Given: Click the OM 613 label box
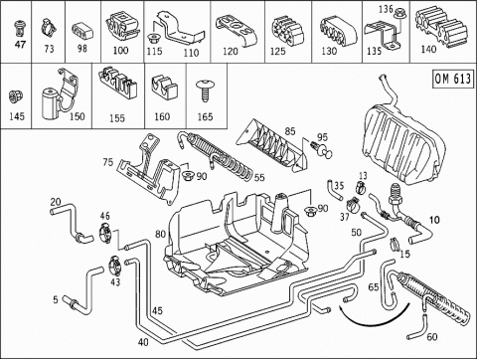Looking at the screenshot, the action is (453, 79).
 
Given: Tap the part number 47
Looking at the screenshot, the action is (20, 44).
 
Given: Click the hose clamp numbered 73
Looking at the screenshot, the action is (48, 28).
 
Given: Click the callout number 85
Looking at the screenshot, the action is (290, 131).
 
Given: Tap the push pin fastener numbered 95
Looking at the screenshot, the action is (322, 149).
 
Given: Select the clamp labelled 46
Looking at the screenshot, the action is (106, 232).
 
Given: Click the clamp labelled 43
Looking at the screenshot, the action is (115, 266).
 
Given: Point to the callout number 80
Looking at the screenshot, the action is (160, 235).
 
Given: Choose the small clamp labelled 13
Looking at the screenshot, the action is (360, 188).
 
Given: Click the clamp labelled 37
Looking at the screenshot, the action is (354, 206).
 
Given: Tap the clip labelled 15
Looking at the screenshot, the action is (394, 244).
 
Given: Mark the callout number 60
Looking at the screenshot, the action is (431, 337).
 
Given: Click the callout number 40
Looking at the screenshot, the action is (143, 342).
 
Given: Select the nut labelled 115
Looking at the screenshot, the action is (153, 38).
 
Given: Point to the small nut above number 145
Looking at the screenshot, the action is (16, 96).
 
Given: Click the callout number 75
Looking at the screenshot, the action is (108, 162).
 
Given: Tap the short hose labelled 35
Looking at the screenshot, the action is (334, 190).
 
